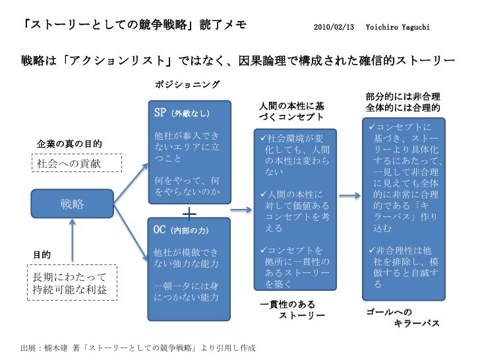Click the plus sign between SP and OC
click(189, 214)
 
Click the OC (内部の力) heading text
click(183, 230)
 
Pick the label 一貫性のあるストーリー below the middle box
click(293, 310)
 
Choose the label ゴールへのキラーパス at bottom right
click(402, 317)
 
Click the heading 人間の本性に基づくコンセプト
click(291, 111)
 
